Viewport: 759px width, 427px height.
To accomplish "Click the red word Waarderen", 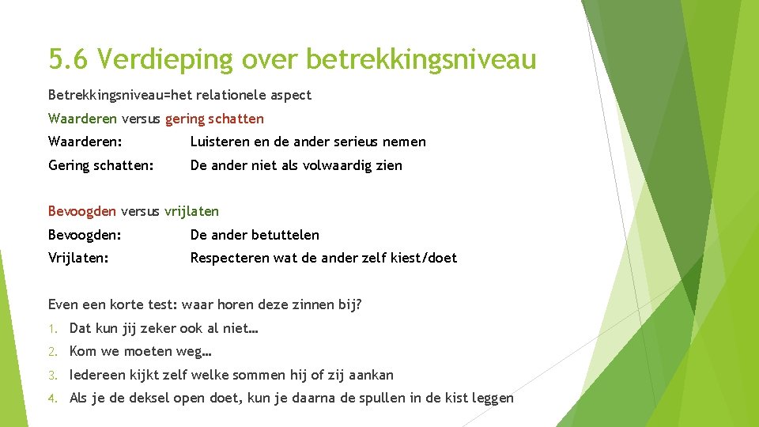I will pos(82,119).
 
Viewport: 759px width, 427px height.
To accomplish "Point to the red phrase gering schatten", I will pos(214,119).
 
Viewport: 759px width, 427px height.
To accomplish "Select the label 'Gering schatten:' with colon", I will pos(100,165).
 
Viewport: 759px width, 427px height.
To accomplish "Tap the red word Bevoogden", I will pos(82,211).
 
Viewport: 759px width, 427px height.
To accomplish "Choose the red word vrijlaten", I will pos(191,211).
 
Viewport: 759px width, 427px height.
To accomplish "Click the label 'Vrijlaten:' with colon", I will pos(78,258).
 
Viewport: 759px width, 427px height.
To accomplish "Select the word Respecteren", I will pos(229,258).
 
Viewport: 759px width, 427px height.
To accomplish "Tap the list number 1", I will pos(52,328).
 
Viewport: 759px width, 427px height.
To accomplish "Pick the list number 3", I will pos(52,375).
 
